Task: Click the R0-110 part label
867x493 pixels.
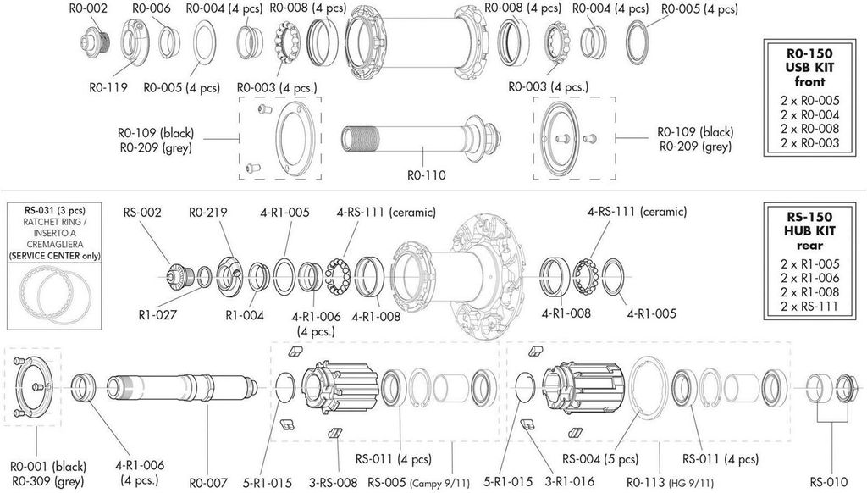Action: [427, 175]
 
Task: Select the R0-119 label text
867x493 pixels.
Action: [108, 87]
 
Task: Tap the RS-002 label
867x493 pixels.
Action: [142, 213]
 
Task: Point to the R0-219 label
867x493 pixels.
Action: [208, 213]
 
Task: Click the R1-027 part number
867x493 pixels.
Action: [157, 315]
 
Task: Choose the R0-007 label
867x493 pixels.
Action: [208, 483]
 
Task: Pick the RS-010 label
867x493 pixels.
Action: [830, 482]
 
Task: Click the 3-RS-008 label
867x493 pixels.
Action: [334, 483]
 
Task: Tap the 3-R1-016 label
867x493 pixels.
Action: [570, 482]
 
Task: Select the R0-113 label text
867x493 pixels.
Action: [646, 483]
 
